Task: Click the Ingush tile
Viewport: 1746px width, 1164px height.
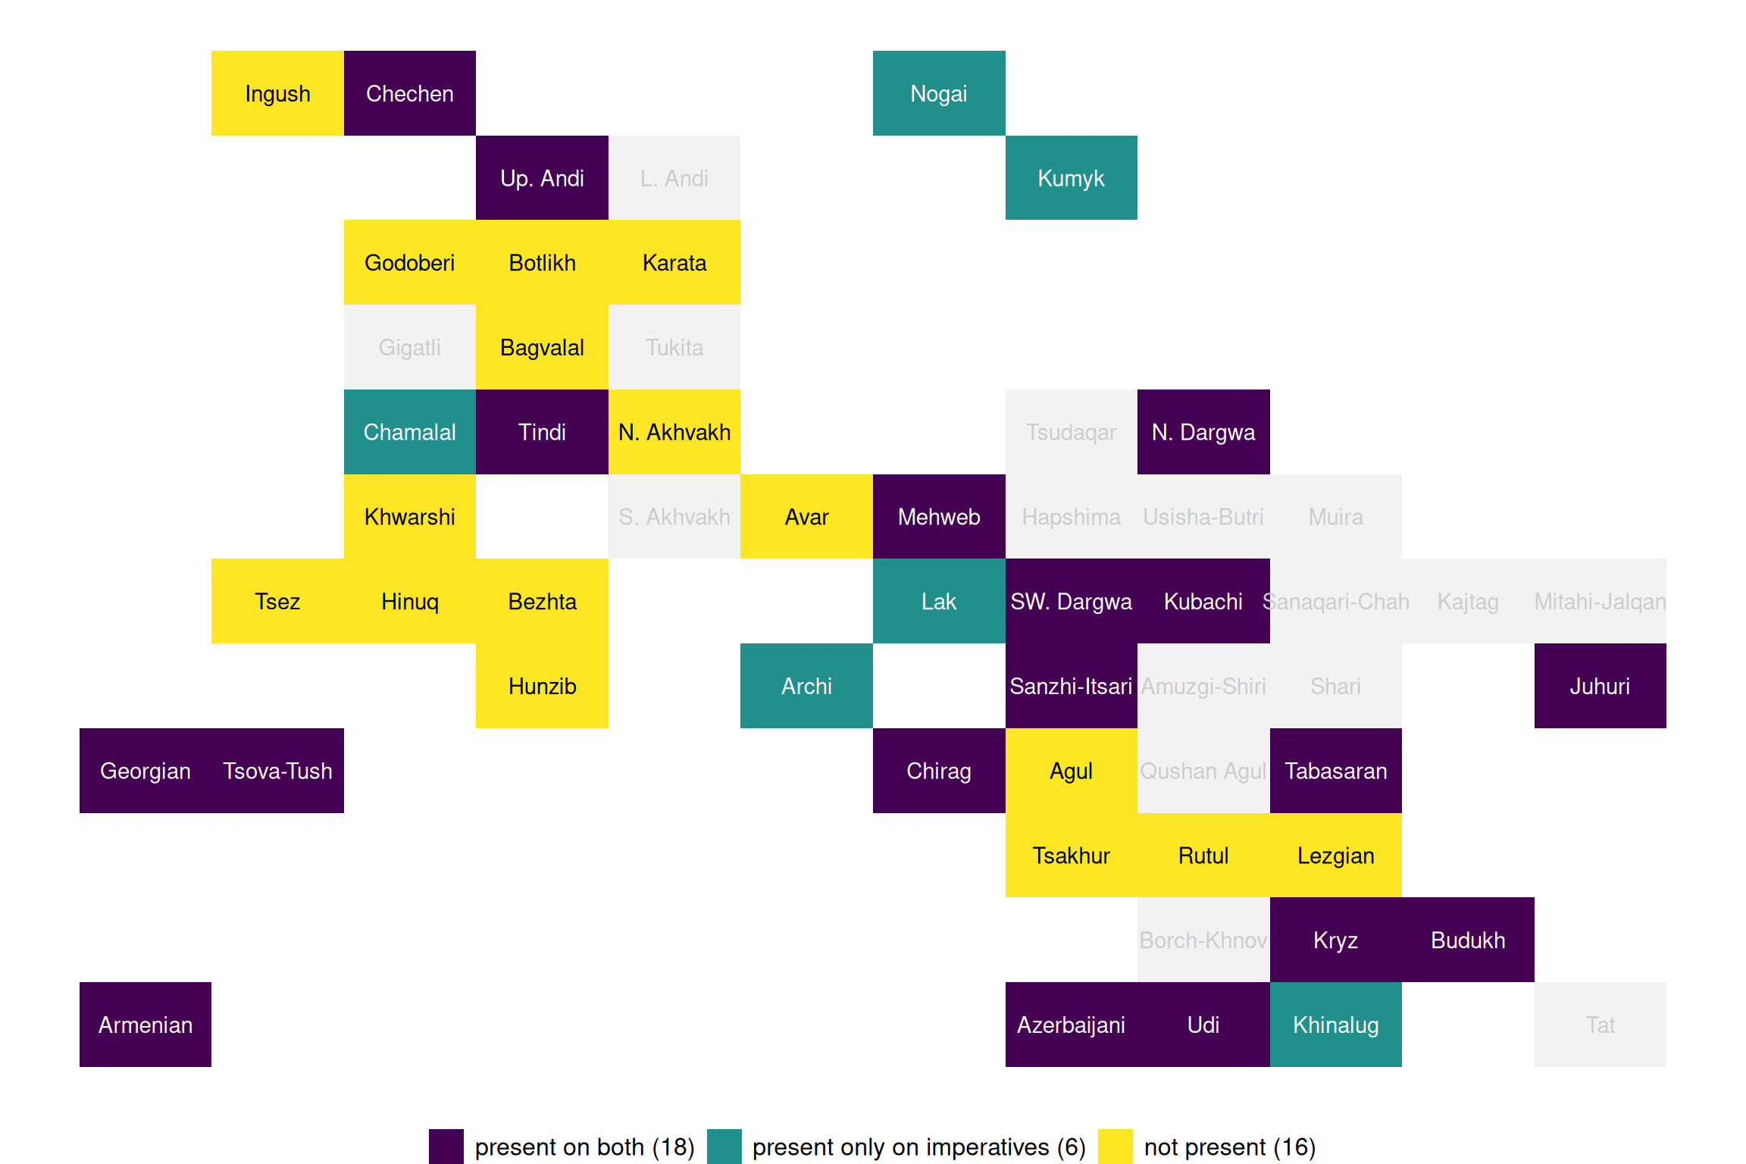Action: [x=277, y=93]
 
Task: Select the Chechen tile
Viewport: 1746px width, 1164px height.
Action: [x=410, y=93]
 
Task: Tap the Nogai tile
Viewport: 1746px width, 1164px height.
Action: [x=939, y=93]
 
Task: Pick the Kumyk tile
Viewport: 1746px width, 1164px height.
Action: [x=1071, y=178]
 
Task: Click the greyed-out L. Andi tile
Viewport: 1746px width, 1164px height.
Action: [x=674, y=178]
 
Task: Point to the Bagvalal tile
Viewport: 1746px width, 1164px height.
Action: [x=542, y=347]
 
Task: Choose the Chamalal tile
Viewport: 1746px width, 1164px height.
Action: [x=410, y=432]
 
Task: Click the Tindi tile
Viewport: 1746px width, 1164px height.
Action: [x=542, y=432]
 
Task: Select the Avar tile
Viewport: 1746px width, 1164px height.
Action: [x=806, y=517]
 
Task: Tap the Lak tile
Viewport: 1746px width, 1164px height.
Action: [x=939, y=601]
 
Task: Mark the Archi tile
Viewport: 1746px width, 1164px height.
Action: [x=806, y=686]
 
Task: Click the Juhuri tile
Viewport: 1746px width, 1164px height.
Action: [x=1600, y=686]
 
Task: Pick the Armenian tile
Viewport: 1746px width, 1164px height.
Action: [x=145, y=1025]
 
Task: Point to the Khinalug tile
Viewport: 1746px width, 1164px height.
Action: [x=1335, y=1025]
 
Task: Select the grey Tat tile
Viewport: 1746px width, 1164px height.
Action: [x=1600, y=1025]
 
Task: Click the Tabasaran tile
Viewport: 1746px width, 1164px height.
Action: [x=1335, y=771]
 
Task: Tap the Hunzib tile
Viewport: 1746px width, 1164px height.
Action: [x=542, y=686]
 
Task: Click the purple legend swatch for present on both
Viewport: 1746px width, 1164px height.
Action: [x=446, y=1147]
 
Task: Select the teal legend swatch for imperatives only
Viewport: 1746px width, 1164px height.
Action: [x=724, y=1147]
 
